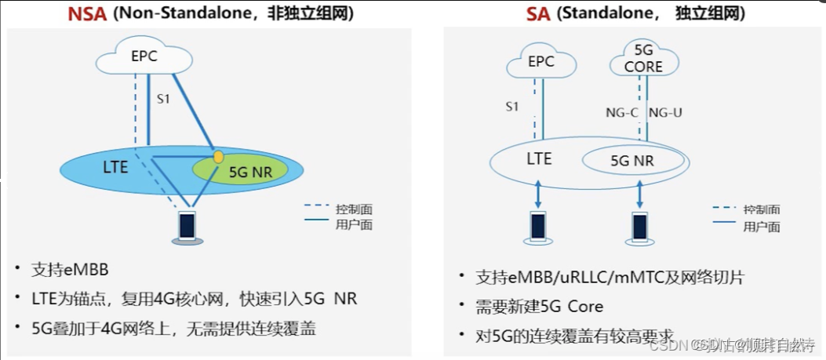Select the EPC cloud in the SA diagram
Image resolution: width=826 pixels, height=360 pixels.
[541, 62]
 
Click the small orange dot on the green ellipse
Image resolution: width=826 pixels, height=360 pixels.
[218, 157]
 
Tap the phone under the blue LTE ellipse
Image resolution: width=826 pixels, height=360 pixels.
[187, 227]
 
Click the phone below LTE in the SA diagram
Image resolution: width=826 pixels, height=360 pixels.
[539, 227]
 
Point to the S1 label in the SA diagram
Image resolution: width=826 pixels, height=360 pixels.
[511, 107]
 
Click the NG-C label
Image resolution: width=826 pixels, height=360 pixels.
[622, 113]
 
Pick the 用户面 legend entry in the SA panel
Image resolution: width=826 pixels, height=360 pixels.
[761, 227]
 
